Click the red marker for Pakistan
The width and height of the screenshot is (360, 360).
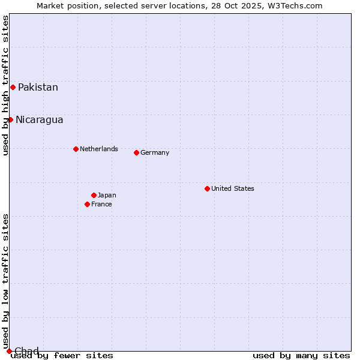click(x=13, y=87)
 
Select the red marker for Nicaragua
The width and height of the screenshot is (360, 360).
click(x=10, y=119)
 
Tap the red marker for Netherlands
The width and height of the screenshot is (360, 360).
click(x=76, y=149)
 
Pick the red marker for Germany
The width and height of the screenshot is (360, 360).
click(x=136, y=152)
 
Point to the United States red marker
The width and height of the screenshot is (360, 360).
click(x=207, y=188)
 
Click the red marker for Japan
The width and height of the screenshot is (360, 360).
click(x=94, y=195)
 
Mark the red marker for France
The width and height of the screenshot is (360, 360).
click(x=87, y=204)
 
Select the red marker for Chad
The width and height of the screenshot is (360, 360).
click(x=9, y=351)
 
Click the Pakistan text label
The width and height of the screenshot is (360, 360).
click(x=38, y=88)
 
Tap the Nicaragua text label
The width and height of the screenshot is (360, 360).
click(x=39, y=120)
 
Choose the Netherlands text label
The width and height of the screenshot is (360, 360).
click(x=98, y=149)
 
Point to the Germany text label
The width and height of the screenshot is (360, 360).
click(x=155, y=153)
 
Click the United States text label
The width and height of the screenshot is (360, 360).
click(x=232, y=189)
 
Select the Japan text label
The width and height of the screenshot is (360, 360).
click(x=107, y=196)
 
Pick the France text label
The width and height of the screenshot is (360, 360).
click(x=101, y=205)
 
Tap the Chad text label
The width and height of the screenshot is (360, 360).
click(x=26, y=351)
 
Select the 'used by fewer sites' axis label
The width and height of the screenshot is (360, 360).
click(x=62, y=356)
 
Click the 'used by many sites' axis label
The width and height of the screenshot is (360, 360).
click(x=301, y=356)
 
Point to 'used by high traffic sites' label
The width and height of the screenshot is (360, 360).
click(x=6, y=85)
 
